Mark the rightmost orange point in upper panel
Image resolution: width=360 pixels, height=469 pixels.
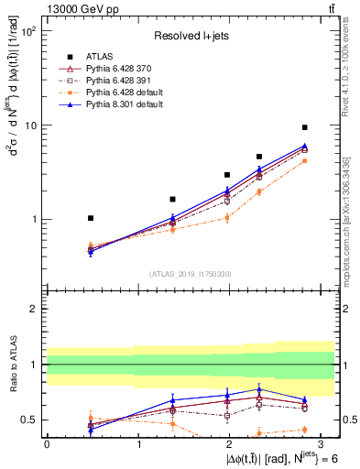(305, 160)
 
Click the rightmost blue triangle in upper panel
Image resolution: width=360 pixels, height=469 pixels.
(305, 146)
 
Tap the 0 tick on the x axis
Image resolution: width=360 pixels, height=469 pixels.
(47, 443)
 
